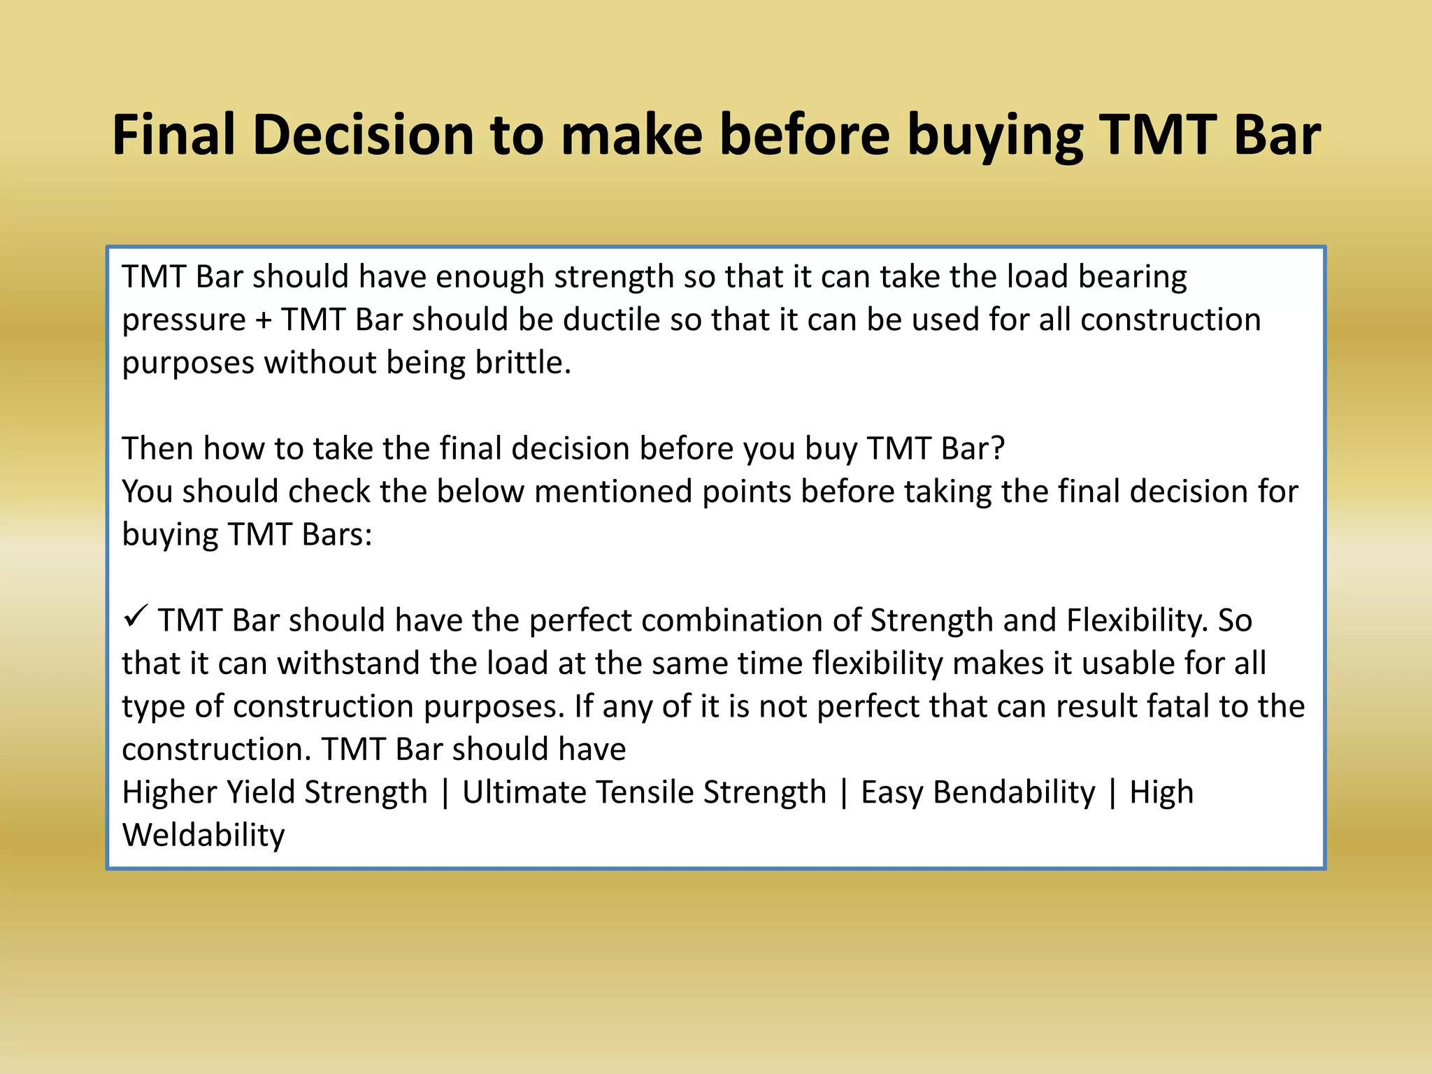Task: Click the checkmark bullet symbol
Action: point(134,617)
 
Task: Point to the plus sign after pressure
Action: point(264,320)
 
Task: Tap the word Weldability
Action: point(203,835)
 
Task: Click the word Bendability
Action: point(1014,792)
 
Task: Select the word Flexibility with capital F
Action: point(1137,620)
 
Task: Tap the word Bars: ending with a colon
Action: point(337,535)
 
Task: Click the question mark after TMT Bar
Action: point(998,448)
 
